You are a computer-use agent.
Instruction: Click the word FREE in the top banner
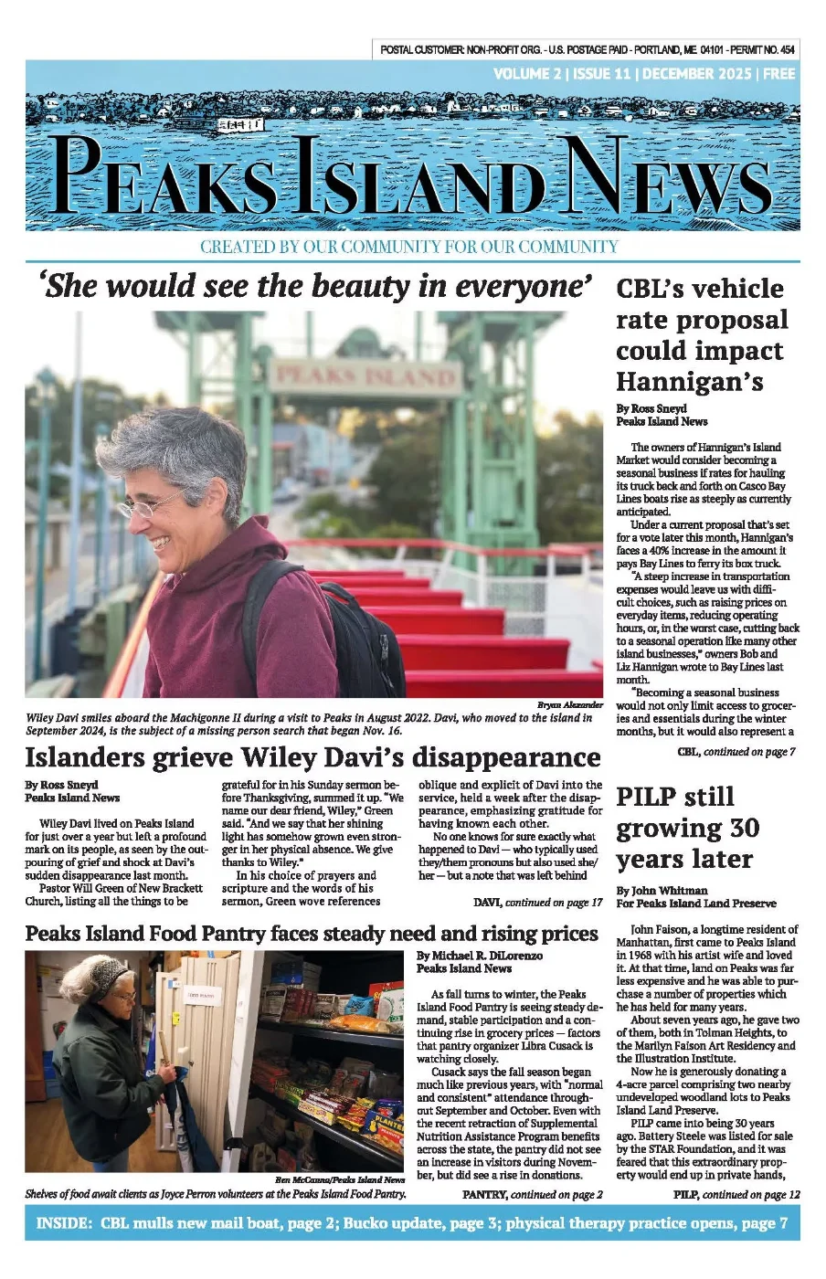tap(778, 74)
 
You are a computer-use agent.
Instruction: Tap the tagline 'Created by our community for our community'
tap(408, 247)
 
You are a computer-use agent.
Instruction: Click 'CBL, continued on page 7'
tap(736, 752)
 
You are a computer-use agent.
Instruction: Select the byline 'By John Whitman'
tap(662, 891)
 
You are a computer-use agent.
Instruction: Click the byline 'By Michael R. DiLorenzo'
tap(479, 956)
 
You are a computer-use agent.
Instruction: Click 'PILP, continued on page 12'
tap(736, 1194)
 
